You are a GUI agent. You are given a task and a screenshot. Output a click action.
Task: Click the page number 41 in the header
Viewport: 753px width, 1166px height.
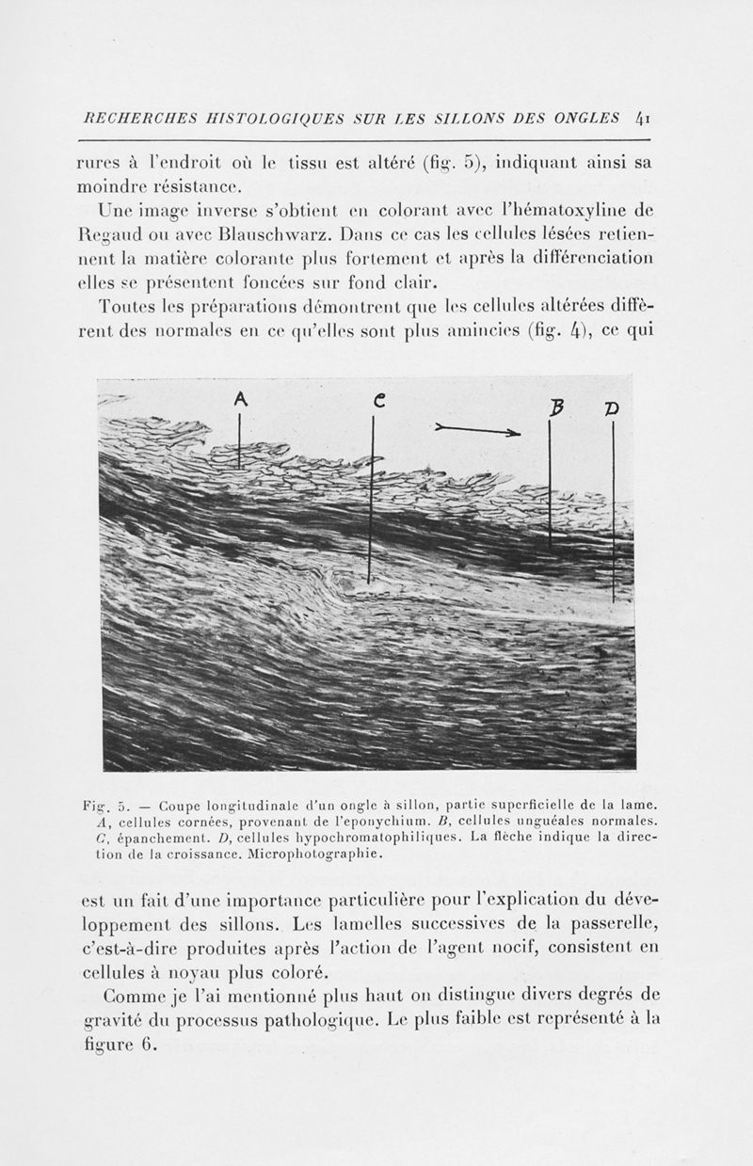[642, 119]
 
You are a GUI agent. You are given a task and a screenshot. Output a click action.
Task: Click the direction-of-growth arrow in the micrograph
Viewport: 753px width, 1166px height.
[478, 431]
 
